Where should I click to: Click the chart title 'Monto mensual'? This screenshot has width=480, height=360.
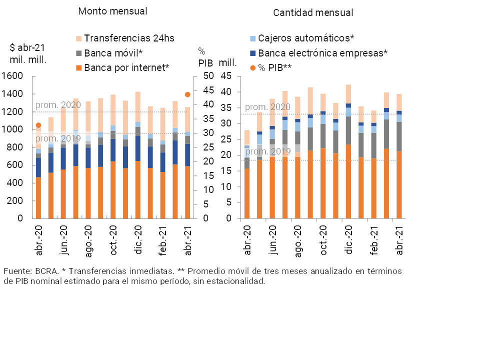(x=112, y=11)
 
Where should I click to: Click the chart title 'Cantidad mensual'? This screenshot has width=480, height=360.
(x=313, y=13)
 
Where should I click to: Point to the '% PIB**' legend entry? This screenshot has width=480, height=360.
(x=274, y=67)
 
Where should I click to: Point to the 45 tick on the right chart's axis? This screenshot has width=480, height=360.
(x=227, y=76)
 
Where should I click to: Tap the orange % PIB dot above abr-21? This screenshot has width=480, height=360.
(x=188, y=94)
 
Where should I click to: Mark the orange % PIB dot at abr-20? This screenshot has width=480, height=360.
(x=38, y=125)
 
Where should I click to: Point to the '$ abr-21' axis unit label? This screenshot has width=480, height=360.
(x=27, y=48)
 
